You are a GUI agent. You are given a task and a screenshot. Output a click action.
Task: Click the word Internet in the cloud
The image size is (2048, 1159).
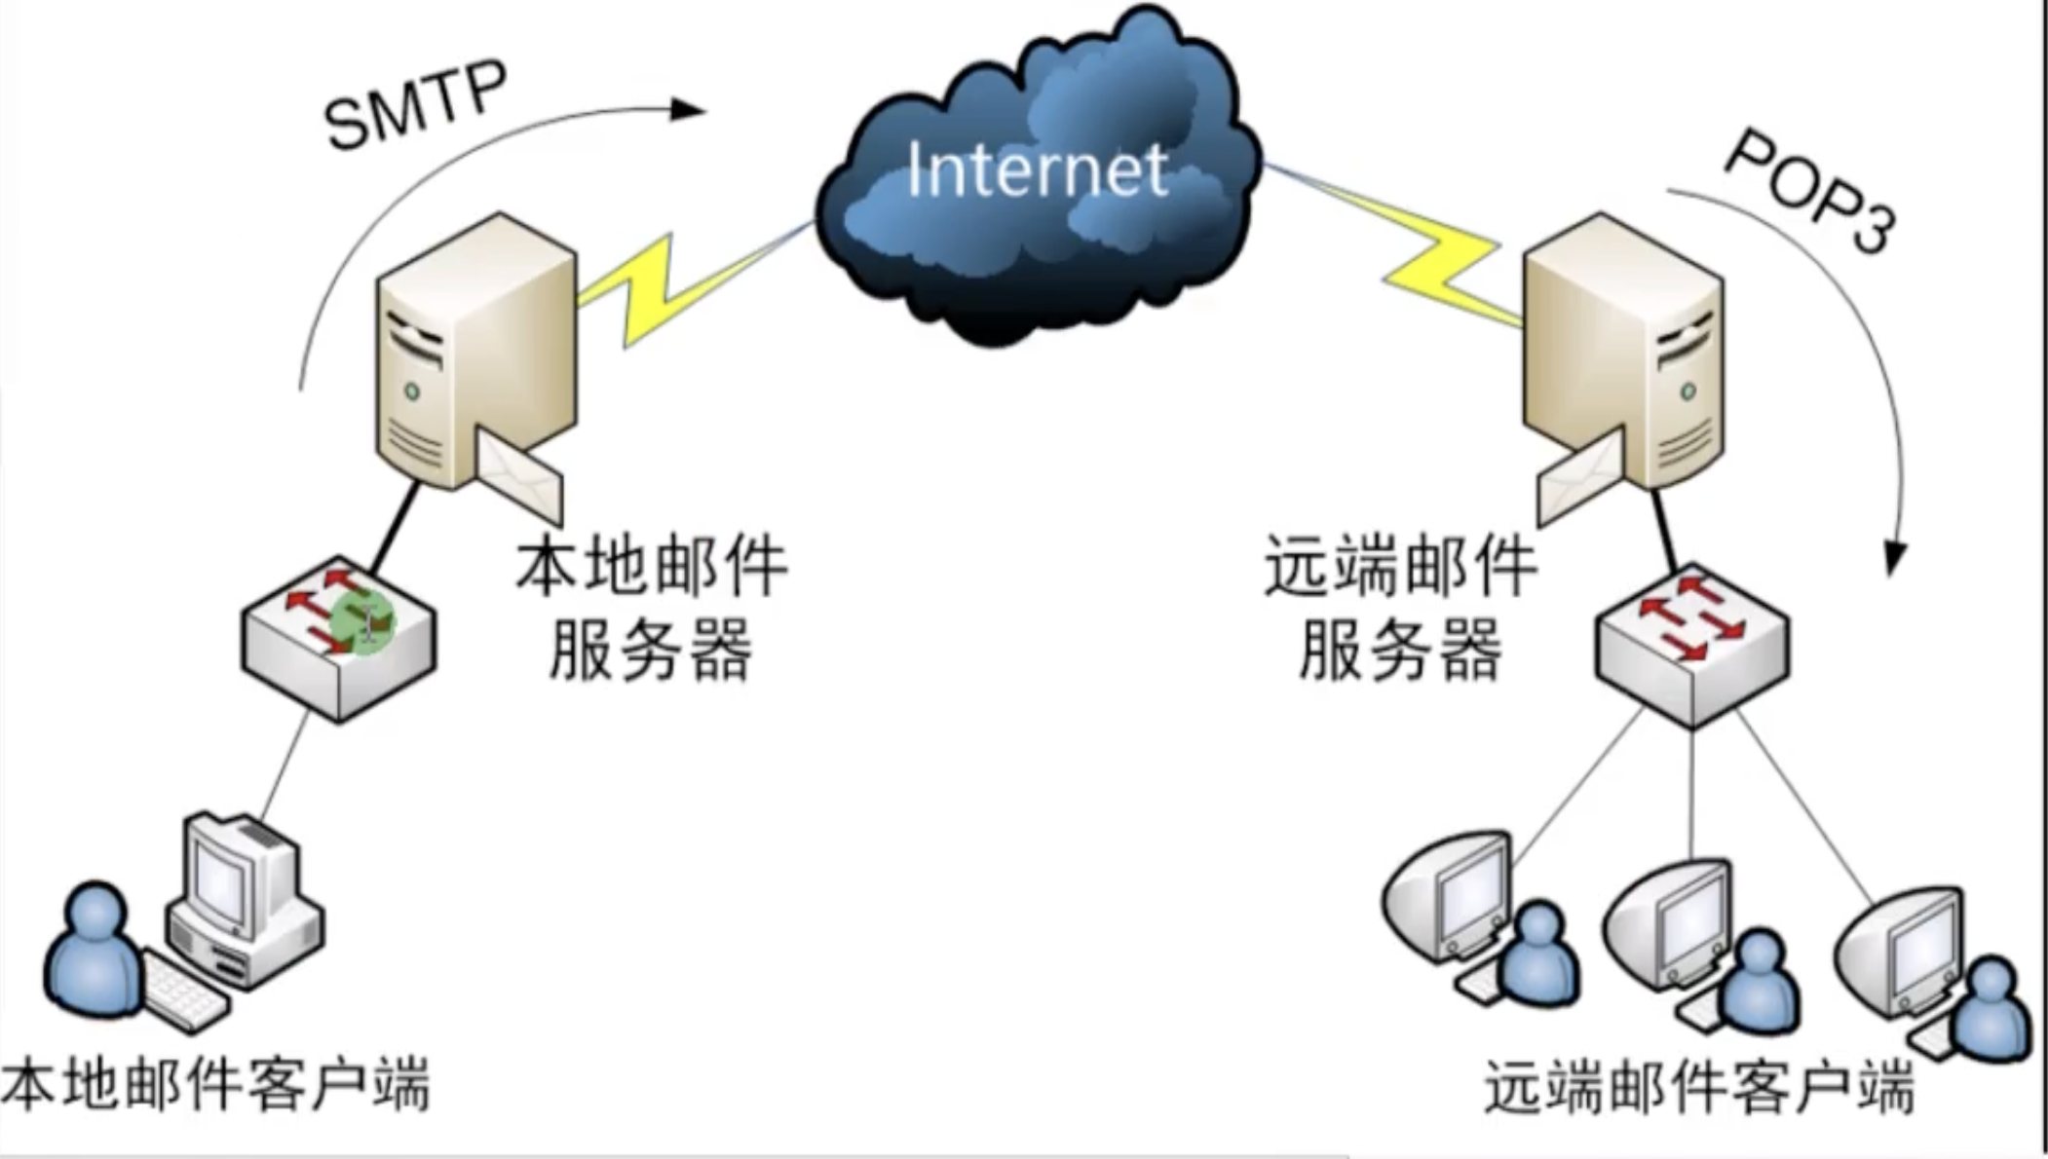click(1037, 170)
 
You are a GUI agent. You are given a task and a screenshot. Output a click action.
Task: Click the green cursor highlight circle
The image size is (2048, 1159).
click(362, 620)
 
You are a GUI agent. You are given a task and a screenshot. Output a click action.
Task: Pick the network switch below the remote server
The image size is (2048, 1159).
click(1692, 643)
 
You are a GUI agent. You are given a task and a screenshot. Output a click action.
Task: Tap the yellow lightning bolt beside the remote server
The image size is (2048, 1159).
click(1442, 263)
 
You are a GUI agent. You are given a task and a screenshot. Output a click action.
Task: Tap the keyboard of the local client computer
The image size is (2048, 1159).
click(185, 993)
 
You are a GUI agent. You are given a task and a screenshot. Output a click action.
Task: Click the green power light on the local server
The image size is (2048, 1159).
click(412, 392)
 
